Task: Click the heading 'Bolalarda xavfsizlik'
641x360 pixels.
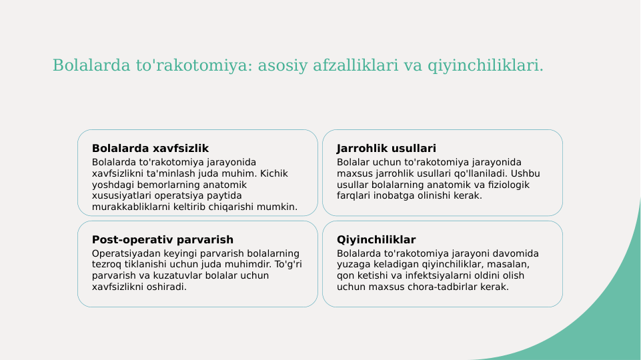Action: click(x=150, y=148)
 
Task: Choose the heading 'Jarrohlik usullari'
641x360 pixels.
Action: click(x=386, y=148)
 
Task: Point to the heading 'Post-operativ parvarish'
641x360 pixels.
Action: click(x=162, y=239)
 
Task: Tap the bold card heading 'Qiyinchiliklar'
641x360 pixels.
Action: click(x=376, y=239)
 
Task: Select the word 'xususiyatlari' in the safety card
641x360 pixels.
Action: click(x=122, y=195)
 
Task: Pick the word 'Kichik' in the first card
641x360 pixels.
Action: click(x=273, y=173)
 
